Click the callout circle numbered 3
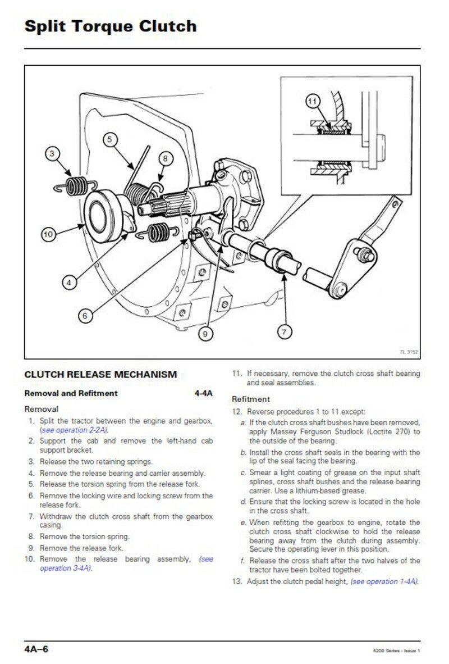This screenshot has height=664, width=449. (x=52, y=153)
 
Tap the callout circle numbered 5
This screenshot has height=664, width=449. (x=109, y=139)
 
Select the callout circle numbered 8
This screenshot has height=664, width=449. (x=166, y=158)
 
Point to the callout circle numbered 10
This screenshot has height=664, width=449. (x=48, y=234)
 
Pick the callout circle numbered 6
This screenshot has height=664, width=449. (x=85, y=316)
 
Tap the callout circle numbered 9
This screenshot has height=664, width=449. (x=205, y=334)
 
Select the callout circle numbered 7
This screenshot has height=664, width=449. (x=285, y=331)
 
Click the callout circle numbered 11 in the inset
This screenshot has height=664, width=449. (x=312, y=101)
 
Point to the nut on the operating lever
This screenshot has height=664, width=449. (x=364, y=254)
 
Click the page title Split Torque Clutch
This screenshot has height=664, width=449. (x=111, y=26)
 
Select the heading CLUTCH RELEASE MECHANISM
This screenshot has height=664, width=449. (x=100, y=374)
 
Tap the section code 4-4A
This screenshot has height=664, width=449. (x=204, y=393)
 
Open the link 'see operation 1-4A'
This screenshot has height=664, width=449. (x=384, y=581)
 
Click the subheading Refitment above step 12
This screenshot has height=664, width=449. (x=250, y=399)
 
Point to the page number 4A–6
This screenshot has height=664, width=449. (x=36, y=649)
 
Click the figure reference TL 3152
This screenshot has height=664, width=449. (x=409, y=352)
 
